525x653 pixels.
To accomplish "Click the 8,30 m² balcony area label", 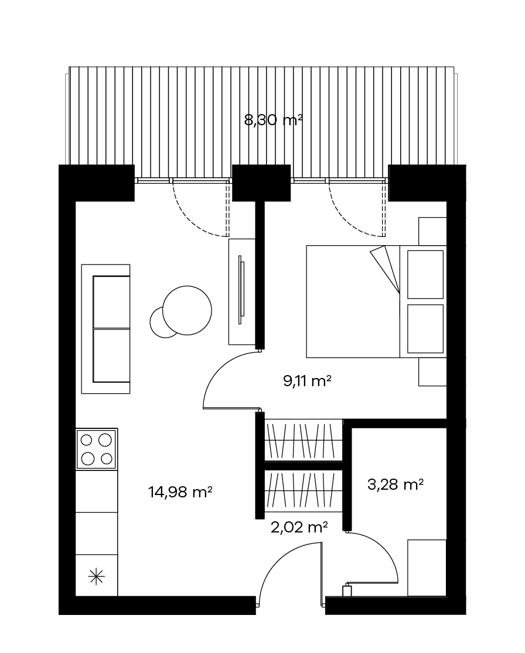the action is [x=273, y=121].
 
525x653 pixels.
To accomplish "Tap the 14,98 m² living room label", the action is [x=180, y=492].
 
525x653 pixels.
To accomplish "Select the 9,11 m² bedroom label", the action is [x=308, y=380].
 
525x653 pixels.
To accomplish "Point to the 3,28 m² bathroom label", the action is [x=396, y=484].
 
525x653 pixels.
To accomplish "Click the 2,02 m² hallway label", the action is [x=299, y=527].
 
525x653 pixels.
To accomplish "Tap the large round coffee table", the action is [x=187, y=310].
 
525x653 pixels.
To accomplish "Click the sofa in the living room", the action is [x=105, y=329].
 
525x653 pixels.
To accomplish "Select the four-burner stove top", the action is [x=96, y=449].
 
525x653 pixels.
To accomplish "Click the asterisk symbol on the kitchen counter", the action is [x=96, y=576].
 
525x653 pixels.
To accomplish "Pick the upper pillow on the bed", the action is [x=425, y=274].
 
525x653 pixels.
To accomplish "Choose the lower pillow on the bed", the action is [x=425, y=329].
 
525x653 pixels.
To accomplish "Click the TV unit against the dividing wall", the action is [x=242, y=291].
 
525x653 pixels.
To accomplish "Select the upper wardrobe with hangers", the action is [x=304, y=440].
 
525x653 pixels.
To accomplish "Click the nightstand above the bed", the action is [x=432, y=231].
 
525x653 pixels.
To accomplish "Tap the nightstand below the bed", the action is [x=432, y=372].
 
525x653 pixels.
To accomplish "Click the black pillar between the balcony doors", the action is [x=261, y=183].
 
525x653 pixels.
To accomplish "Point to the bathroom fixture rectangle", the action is [x=427, y=568].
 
